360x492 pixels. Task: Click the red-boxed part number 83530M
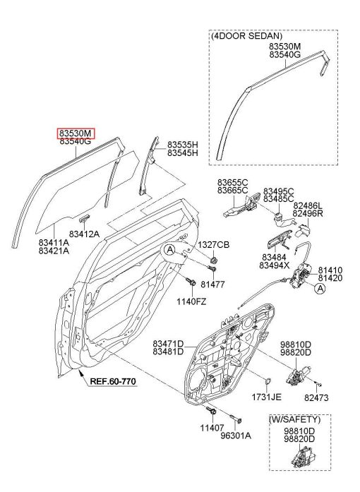tap(76, 133)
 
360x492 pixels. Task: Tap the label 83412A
tap(84, 234)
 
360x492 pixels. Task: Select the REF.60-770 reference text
tap(113, 381)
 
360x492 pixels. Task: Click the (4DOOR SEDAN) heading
tap(246, 36)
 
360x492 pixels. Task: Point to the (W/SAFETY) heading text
tap(295, 419)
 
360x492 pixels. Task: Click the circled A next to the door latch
tap(320, 289)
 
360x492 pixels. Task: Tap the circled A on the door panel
tap(170, 250)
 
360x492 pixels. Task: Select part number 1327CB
tap(213, 245)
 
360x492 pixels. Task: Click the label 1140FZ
tap(191, 302)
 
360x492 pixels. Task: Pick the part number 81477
tap(212, 284)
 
